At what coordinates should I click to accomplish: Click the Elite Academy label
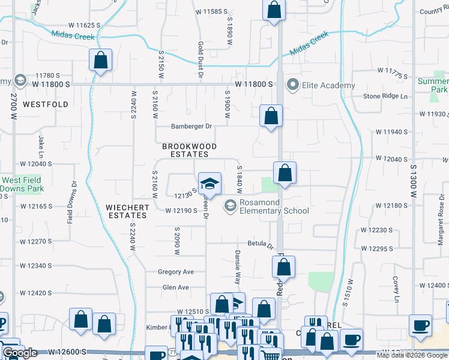coord(329,85)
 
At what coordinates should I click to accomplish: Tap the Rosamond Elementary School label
coord(274,206)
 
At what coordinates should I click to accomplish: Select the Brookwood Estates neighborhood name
coord(189,150)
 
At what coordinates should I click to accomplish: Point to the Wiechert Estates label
coord(127,211)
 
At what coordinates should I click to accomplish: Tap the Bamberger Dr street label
coord(192,126)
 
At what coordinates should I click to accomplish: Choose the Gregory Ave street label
coord(176,272)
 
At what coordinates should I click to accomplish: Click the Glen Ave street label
coord(175,287)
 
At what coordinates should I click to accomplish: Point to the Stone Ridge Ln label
coord(385,96)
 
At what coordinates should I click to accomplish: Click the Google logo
coord(20,352)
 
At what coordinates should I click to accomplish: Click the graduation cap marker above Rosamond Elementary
coord(209,183)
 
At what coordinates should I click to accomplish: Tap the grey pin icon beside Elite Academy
coord(294,85)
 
